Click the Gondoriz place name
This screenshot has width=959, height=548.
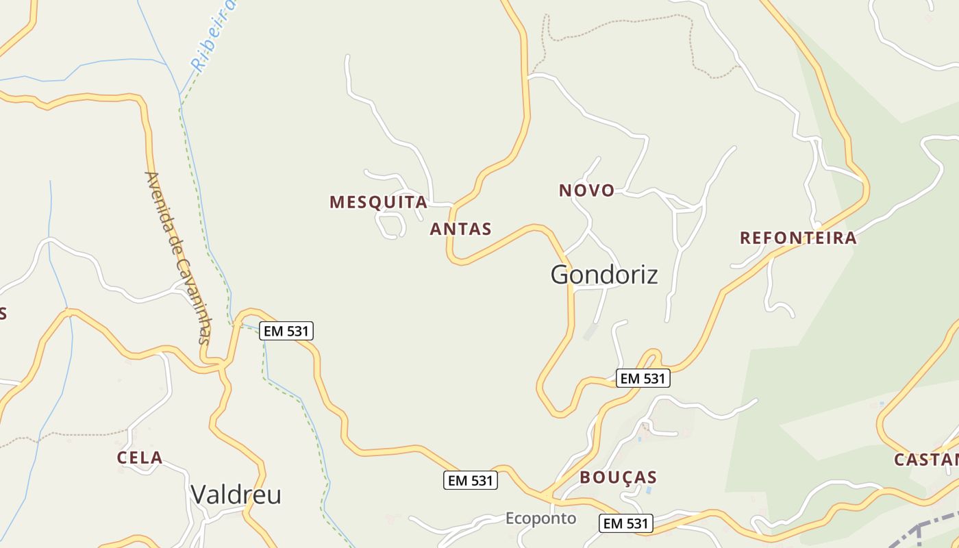point(604,275)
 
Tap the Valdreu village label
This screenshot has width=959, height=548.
point(236,494)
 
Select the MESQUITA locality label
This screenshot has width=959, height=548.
point(378,202)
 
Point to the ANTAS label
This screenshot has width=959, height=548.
point(460,229)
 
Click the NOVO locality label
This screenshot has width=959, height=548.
point(586,190)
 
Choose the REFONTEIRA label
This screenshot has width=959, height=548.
point(798,238)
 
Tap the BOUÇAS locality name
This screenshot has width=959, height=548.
point(618,477)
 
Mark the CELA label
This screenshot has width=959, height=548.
point(140,458)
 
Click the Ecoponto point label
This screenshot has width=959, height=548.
point(540,519)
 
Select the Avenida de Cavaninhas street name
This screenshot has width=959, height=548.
point(177,257)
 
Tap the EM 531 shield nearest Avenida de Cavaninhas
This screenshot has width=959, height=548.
point(286,332)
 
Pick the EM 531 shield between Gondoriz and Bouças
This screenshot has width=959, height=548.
point(643,378)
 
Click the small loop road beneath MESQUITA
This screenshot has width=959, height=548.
point(390,225)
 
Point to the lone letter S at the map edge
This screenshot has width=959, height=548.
point(3,314)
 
